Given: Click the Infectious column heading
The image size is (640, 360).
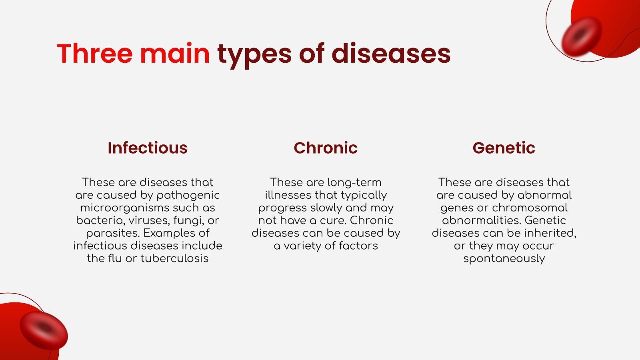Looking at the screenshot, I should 148,148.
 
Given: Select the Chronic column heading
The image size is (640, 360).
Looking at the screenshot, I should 326,148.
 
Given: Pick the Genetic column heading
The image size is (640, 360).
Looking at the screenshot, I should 504,148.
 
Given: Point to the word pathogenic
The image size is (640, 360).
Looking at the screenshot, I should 188,195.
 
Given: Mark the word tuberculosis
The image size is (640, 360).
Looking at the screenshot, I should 174,258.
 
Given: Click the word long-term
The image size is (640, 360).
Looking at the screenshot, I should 354,183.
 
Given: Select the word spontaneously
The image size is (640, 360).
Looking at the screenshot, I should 504,259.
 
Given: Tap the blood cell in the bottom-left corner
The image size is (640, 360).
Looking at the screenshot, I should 44,330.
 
